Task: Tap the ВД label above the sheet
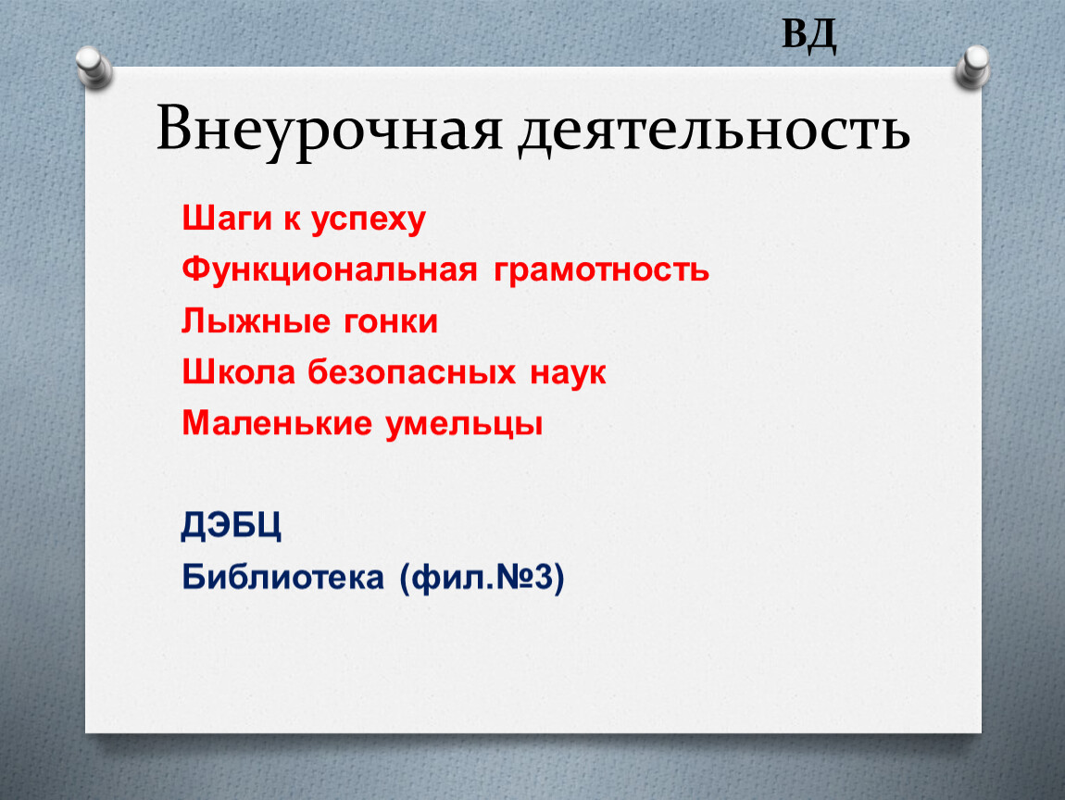tap(809, 35)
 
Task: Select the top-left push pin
tap(94, 68)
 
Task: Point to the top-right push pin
tap(972, 68)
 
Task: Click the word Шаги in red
tap(227, 219)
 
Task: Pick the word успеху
tap(369, 221)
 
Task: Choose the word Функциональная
tap(330, 270)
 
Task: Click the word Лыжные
tap(256, 321)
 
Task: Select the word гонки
tap(391, 322)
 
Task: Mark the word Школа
tap(238, 372)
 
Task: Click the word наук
tap(568, 374)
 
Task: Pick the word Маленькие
tap(277, 423)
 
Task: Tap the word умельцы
tap(464, 425)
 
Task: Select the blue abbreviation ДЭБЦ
tap(231, 526)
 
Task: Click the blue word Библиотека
tap(282, 577)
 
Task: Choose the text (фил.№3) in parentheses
tap(482, 579)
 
